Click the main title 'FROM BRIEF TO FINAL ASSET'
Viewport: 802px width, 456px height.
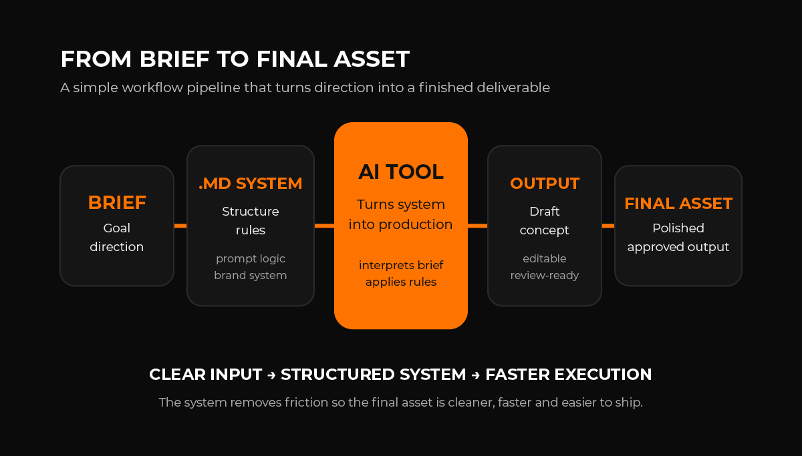coord(235,59)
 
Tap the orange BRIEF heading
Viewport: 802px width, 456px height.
coord(117,202)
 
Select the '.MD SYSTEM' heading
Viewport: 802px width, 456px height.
coord(251,183)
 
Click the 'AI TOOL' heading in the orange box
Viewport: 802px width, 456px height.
coord(400,172)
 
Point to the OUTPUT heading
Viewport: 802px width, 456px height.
coord(545,183)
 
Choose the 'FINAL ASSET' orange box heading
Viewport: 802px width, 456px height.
coord(678,203)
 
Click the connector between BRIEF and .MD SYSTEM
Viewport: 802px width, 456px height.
coord(180,226)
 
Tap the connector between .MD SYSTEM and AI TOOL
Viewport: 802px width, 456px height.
coord(324,226)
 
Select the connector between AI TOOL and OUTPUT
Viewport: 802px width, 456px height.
coord(477,226)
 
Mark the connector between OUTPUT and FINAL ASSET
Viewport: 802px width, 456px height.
coord(608,226)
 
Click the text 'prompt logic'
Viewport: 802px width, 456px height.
coord(251,258)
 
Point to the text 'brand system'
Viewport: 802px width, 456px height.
coord(251,275)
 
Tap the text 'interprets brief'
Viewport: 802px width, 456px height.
coord(401,265)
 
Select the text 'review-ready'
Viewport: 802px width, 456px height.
coord(545,275)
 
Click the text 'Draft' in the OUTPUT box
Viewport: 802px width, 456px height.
coord(545,212)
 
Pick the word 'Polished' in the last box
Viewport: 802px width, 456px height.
coord(678,228)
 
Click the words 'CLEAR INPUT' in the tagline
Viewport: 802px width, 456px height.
coord(205,375)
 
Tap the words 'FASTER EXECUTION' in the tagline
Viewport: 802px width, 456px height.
coord(569,375)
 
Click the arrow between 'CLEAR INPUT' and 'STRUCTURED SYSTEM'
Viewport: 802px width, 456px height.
coord(271,375)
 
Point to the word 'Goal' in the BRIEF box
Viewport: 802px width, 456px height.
coord(117,228)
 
